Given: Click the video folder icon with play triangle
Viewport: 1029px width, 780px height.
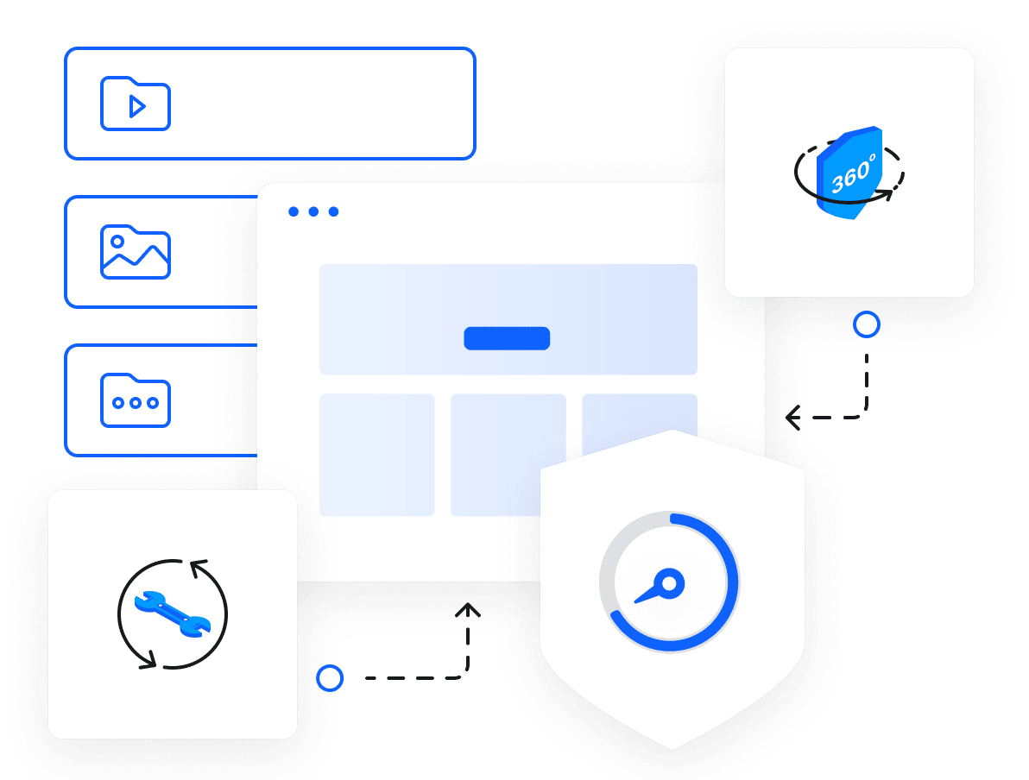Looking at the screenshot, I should pos(136,104).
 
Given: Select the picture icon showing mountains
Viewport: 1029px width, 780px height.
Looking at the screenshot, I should pos(136,252).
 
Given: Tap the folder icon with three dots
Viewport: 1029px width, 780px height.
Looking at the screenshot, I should pos(136,400).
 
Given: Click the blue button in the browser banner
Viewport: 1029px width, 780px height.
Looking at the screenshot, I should pos(507,338).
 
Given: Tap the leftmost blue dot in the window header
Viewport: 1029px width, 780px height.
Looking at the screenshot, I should pos(294,211).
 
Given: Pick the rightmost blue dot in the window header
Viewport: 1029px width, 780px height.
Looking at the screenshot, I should pos(334,211).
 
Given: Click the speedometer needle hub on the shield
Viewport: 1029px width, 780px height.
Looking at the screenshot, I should pos(671,584).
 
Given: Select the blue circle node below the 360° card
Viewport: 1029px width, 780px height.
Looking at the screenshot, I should pos(866,324).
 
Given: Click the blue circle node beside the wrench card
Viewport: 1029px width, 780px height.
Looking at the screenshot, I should pos(329,678).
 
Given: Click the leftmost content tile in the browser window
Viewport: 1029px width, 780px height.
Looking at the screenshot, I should pos(376,455).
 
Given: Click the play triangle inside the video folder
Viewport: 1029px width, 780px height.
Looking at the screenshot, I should pos(136,106).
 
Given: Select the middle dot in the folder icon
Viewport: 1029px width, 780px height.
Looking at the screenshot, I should pos(136,403).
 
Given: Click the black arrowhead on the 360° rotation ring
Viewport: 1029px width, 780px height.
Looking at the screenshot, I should pos(887,196).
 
